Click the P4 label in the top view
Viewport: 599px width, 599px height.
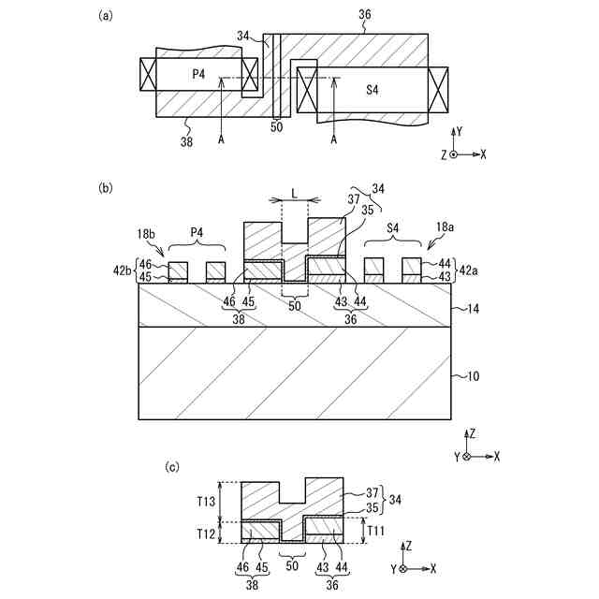click(200, 73)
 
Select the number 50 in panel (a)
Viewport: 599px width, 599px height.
click(276, 126)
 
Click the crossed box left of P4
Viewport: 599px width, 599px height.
click(148, 73)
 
